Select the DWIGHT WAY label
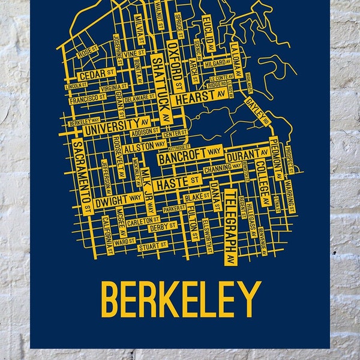point(120,196)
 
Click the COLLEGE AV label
point(261,178)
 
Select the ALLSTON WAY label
point(148,145)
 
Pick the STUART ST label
point(152,245)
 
